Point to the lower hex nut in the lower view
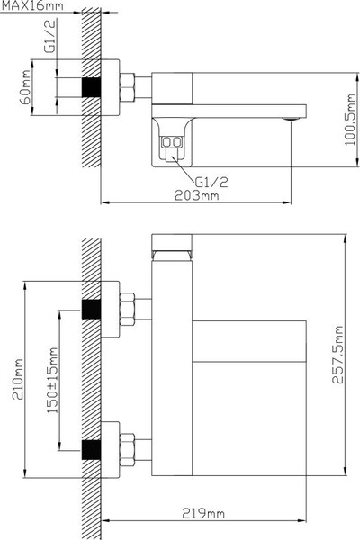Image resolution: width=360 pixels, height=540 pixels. click(127, 447)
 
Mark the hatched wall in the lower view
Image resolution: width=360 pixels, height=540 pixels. click(89, 378)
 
